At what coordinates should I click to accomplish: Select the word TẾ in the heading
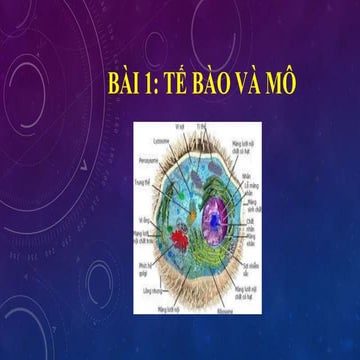[185, 87]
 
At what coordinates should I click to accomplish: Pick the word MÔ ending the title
[301, 87]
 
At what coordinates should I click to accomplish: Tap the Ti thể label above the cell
[201, 127]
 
